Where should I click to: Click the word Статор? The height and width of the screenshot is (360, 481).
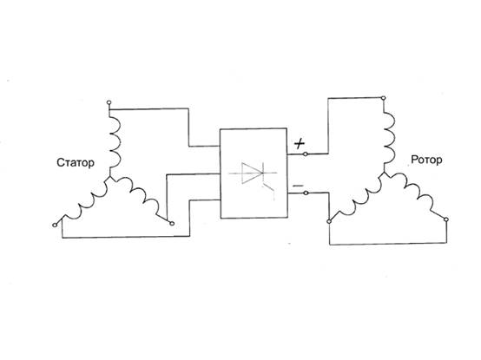pos(76,162)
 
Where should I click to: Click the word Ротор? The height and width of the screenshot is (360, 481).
pos(426,160)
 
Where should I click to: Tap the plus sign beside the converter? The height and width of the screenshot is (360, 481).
pos(300,143)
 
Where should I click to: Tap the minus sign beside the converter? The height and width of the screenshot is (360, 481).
pos(298,186)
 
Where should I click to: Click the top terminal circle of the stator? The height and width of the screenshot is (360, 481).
pos(109,102)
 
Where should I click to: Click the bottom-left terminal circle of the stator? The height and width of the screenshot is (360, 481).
pos(55,226)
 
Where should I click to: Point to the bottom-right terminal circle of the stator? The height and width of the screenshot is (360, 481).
pos(172,224)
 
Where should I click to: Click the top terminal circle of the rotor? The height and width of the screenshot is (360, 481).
pos(383,98)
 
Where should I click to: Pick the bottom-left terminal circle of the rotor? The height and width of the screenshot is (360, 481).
pos(329,221)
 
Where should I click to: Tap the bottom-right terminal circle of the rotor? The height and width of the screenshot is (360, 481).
pos(446,219)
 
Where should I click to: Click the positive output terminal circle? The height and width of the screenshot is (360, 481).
pos(306,154)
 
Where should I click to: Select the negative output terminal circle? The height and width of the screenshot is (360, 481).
pos(306,193)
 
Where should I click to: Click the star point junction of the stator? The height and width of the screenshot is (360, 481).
pos(109,177)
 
